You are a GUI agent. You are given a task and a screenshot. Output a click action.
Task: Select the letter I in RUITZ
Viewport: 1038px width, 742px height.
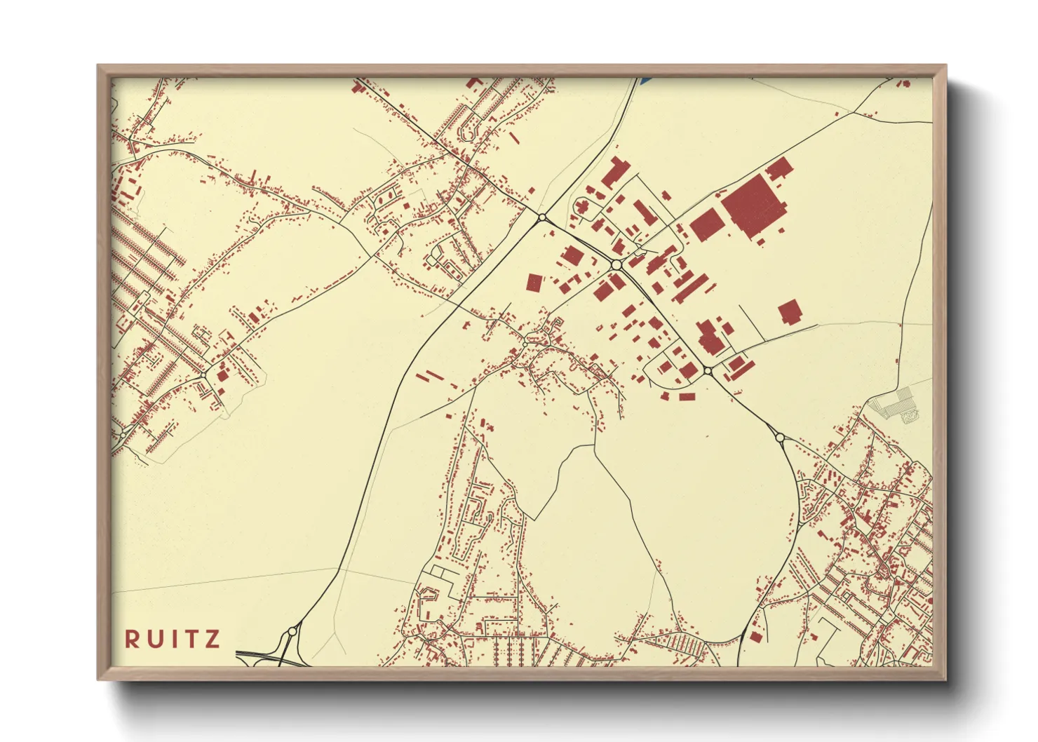point(173,639)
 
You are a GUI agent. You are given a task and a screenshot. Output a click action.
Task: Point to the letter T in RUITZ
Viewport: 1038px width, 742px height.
point(190,639)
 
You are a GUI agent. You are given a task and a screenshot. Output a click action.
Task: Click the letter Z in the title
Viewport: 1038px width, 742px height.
point(213,639)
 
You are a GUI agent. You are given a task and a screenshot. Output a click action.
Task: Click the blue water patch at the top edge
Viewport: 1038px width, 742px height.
point(645,81)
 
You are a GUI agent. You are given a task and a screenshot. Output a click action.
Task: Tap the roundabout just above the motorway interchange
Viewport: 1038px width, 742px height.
point(291,633)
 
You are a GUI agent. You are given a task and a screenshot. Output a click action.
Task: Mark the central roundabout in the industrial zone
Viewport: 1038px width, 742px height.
point(616,265)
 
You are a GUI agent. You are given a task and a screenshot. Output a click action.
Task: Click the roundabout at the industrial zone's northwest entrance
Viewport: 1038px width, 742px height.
point(541,218)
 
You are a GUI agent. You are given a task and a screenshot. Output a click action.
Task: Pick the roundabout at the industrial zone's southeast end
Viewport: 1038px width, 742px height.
point(707,370)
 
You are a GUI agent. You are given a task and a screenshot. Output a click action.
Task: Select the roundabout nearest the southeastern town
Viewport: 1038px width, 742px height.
point(780,438)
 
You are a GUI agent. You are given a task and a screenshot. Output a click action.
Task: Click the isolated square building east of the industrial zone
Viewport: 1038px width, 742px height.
point(789,312)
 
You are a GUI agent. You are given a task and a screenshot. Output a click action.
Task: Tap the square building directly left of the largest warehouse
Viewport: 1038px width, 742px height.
point(706,224)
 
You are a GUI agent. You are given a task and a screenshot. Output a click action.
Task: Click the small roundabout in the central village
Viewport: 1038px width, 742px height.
point(525,344)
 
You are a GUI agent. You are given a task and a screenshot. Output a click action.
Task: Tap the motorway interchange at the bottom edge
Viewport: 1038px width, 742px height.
point(270,658)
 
